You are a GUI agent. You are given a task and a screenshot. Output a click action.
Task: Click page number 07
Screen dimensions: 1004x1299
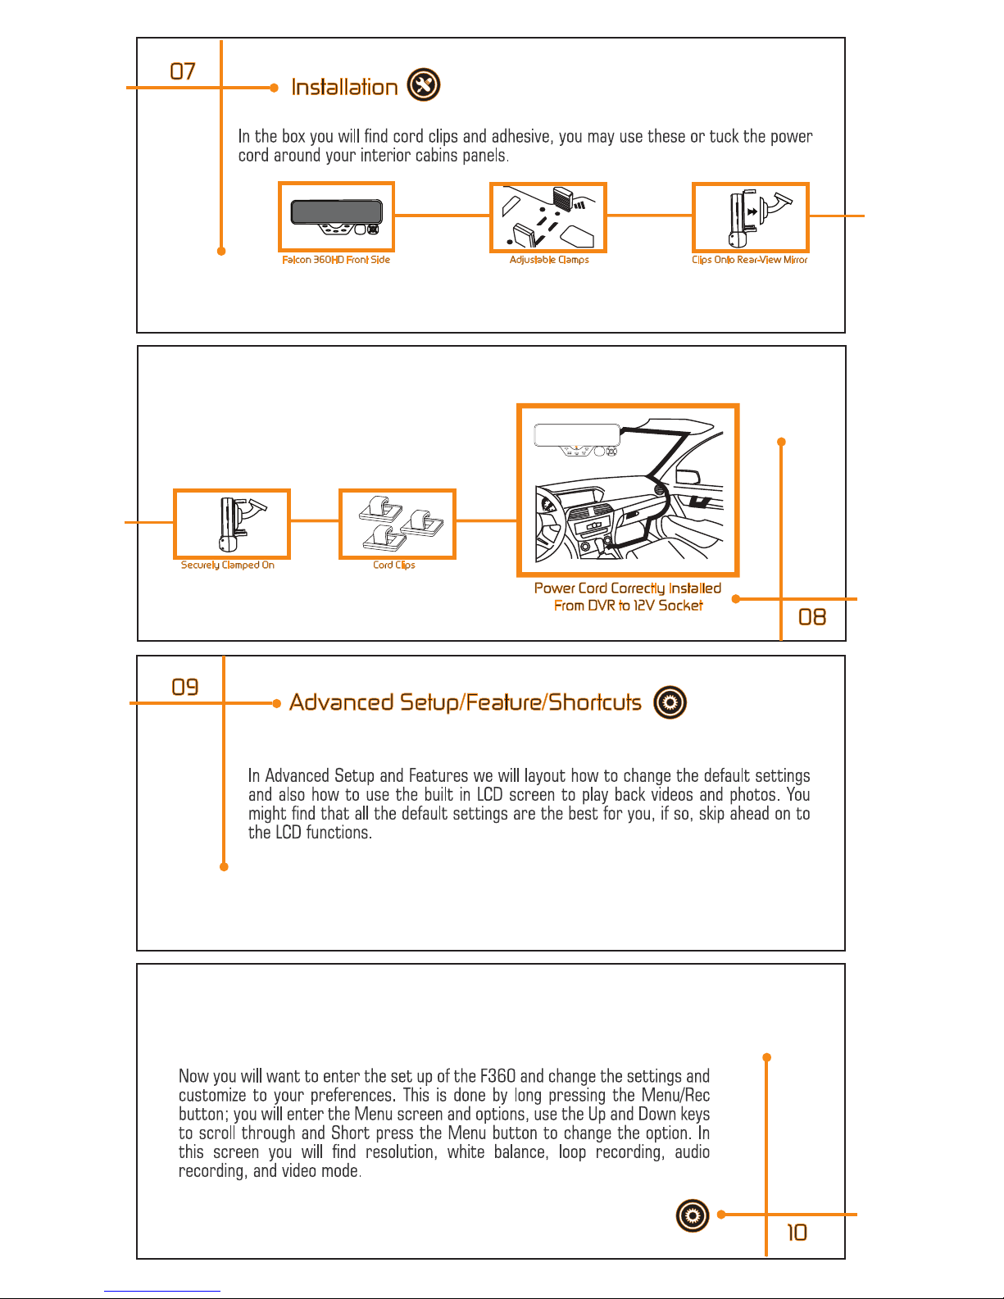tap(183, 71)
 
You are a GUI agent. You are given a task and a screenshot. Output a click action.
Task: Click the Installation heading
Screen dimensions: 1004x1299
tap(344, 87)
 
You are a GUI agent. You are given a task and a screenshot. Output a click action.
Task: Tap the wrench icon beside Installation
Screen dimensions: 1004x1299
tap(424, 85)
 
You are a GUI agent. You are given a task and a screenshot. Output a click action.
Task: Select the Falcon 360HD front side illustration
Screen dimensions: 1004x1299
tap(336, 216)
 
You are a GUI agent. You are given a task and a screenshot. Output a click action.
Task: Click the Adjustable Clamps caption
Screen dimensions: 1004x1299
tap(549, 260)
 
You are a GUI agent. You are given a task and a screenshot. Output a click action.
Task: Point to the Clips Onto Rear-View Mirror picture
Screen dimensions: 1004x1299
tap(751, 217)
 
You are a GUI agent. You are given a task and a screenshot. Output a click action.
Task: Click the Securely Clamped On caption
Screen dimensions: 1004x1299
tap(228, 565)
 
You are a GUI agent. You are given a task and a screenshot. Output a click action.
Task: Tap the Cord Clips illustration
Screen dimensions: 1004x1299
tap(398, 524)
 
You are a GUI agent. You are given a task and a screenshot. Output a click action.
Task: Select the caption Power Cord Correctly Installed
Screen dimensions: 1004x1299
tap(628, 588)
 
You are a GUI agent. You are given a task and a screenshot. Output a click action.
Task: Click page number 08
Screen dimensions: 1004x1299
tap(812, 617)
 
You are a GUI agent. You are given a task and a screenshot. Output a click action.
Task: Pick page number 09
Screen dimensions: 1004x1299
tap(185, 687)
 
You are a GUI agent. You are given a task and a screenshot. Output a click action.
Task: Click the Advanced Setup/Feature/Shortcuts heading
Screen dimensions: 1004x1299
tap(466, 702)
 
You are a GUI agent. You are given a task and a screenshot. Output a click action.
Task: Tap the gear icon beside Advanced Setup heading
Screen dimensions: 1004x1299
tap(670, 702)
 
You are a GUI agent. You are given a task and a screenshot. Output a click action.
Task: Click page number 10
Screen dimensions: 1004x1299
tap(797, 1233)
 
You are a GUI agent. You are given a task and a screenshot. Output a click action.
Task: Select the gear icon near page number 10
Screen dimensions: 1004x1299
tap(693, 1215)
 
